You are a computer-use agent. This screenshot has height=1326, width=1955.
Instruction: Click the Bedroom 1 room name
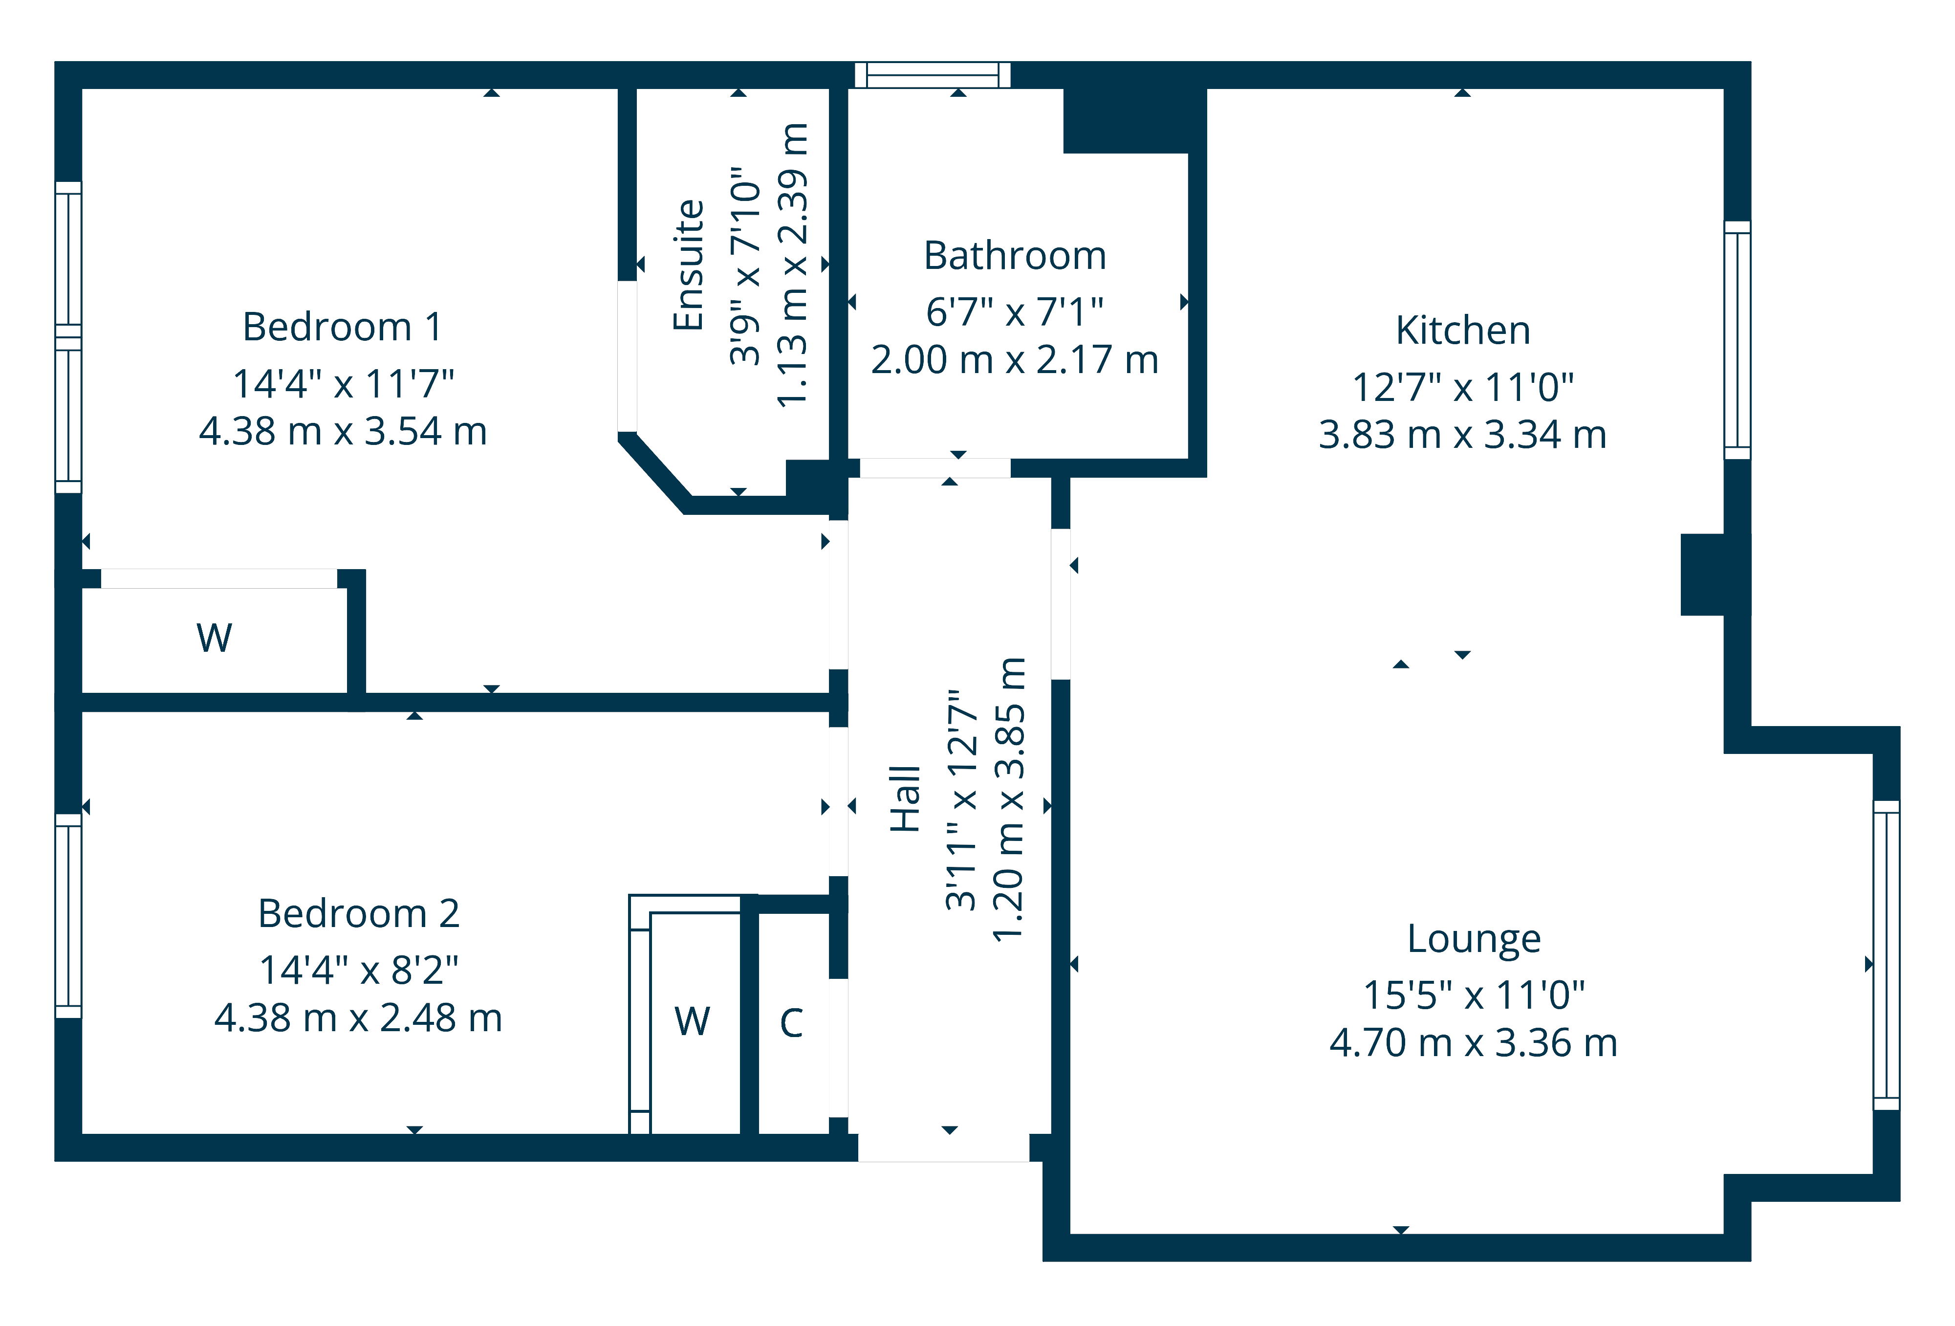(x=343, y=327)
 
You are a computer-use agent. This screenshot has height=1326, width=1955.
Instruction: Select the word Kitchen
(x=1463, y=330)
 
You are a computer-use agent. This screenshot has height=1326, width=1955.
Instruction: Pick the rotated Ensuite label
(x=688, y=265)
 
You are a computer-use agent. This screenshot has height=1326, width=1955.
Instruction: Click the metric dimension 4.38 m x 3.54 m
(x=343, y=432)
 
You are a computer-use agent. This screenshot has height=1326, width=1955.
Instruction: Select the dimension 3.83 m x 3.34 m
(x=1463, y=435)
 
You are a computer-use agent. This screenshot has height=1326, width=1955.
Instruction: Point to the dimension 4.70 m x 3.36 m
(x=1474, y=1043)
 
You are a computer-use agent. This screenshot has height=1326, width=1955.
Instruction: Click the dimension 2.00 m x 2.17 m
(x=1015, y=360)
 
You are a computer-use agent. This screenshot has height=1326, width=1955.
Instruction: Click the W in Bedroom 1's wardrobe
(x=215, y=638)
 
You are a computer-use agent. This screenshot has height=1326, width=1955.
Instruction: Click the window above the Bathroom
(x=932, y=75)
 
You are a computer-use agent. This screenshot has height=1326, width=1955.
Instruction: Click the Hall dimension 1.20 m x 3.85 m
(x=1009, y=799)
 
